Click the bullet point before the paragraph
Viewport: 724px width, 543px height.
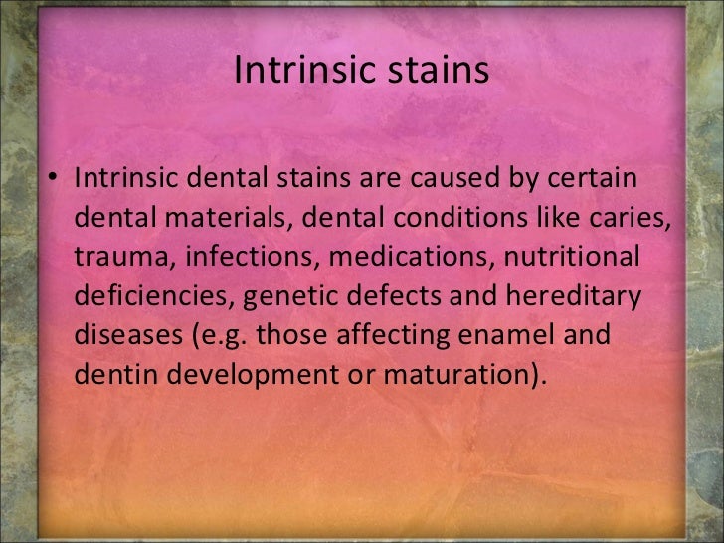coord(57,182)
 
